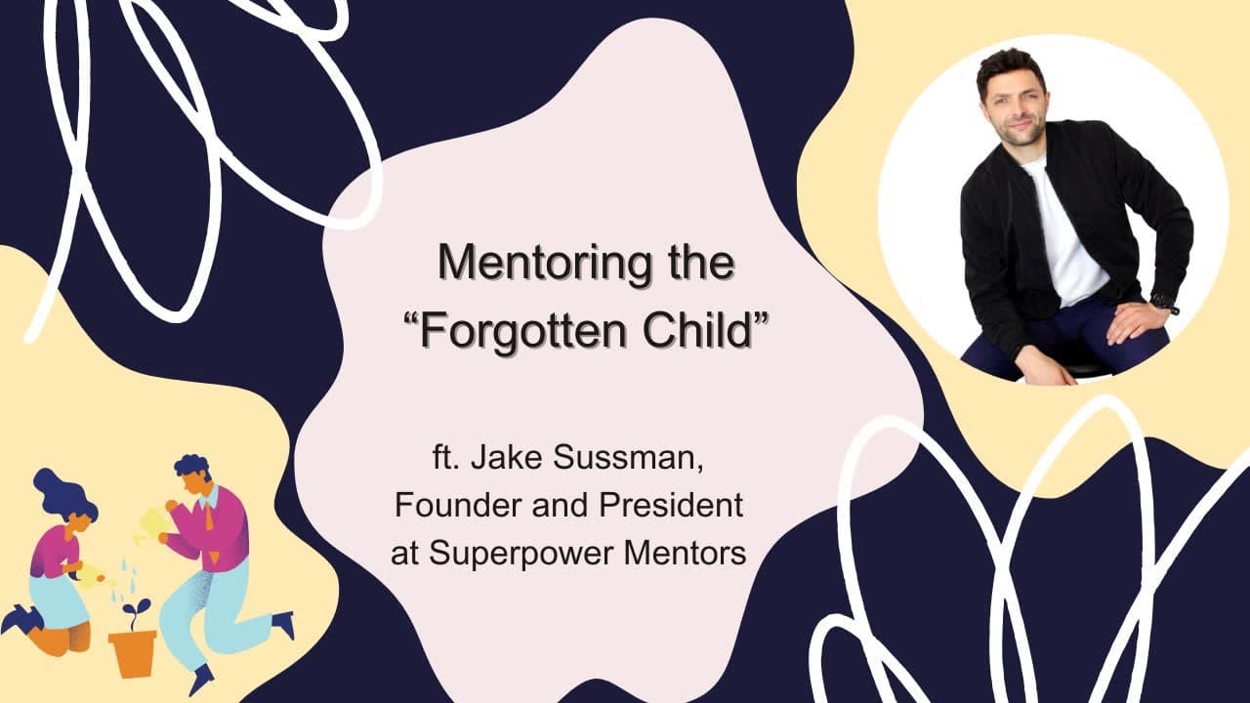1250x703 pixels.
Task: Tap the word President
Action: pyautogui.click(x=671, y=505)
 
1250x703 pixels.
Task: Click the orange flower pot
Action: pyautogui.click(x=133, y=653)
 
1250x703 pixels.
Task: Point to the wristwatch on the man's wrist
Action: pyautogui.click(x=1165, y=304)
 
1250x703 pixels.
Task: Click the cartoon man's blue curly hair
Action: pyautogui.click(x=192, y=469)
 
